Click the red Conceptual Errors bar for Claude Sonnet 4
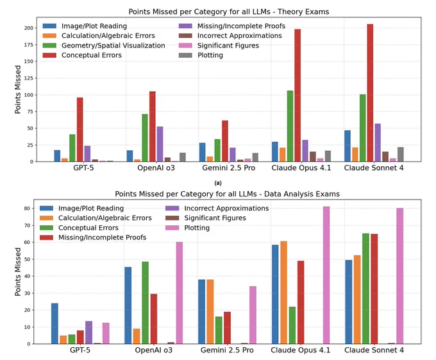(370, 92)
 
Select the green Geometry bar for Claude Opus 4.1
(290, 126)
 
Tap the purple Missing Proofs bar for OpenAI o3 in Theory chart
(160, 144)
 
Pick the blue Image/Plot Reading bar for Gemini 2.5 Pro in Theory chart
(203, 152)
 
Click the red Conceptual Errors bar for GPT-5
(80, 130)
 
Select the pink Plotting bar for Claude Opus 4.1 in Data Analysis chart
(326, 275)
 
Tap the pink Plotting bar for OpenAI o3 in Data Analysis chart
(180, 293)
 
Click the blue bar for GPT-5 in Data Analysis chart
(55, 323)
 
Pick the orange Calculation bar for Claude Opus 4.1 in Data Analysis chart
(283, 293)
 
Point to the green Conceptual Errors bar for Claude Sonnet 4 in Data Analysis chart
(365, 289)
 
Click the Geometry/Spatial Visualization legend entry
(104, 46)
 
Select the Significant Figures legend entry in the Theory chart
(219, 46)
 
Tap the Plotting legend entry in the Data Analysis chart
(188, 228)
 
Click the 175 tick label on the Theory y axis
(29, 45)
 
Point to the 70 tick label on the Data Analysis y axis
(27, 225)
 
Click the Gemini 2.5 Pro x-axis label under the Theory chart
(228, 168)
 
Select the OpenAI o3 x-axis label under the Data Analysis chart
(154, 350)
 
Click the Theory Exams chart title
(228, 12)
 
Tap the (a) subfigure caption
(218, 183)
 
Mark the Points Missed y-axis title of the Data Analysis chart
(18, 272)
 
